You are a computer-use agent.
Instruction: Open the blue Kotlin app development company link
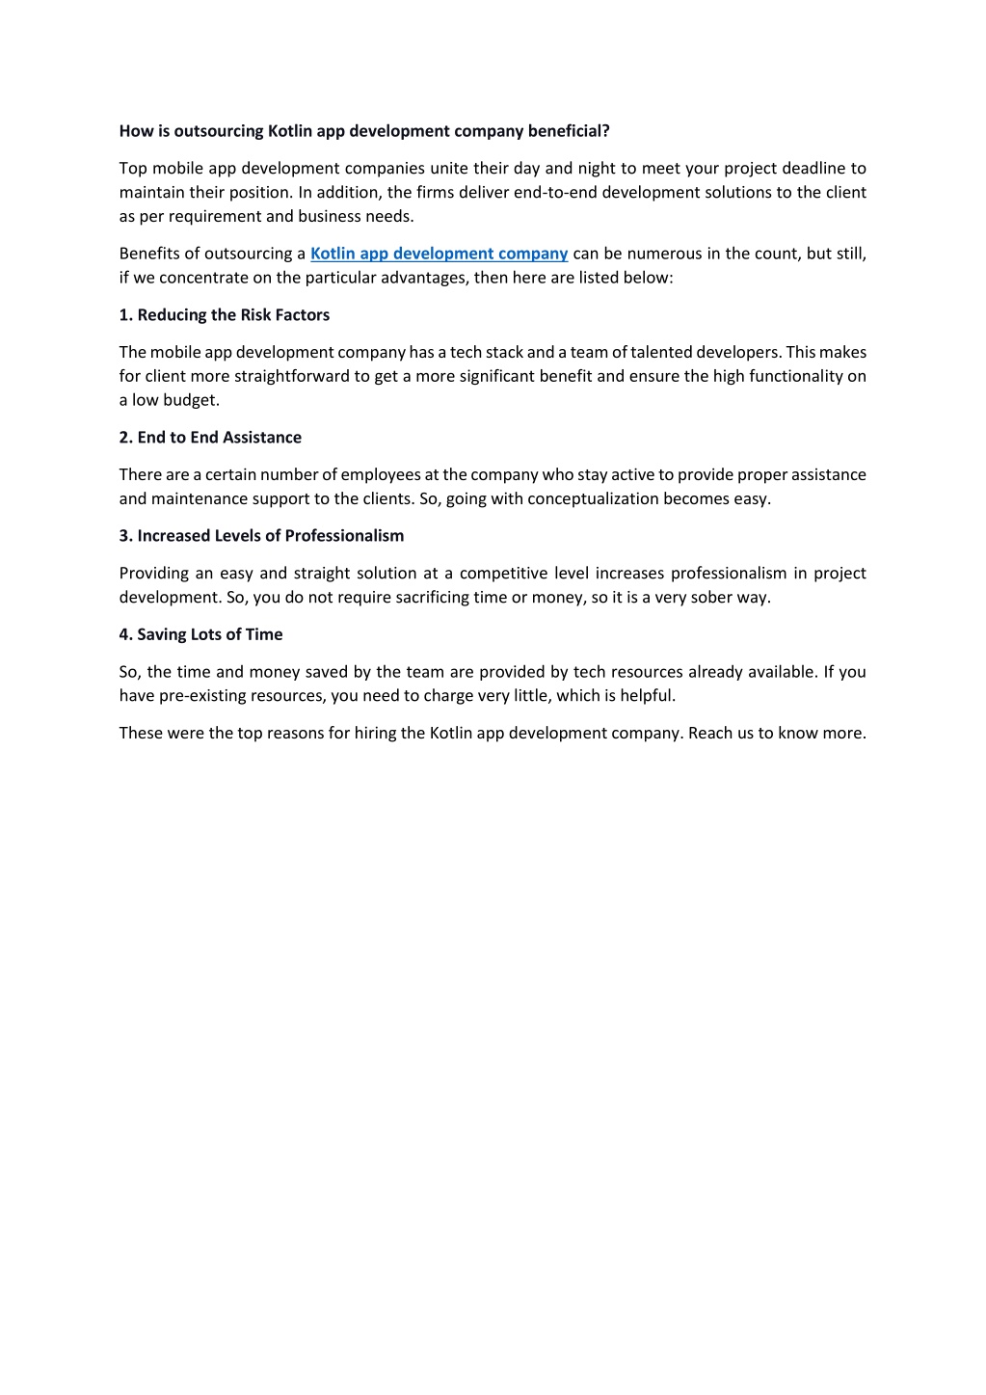tap(439, 254)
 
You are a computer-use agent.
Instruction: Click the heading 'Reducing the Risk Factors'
tap(233, 315)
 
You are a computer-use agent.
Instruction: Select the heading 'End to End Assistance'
tap(219, 438)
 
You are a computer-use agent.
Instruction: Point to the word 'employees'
tap(381, 475)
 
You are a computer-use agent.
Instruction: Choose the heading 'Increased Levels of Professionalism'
tap(270, 536)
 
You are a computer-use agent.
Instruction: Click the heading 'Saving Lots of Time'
tap(209, 634)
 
